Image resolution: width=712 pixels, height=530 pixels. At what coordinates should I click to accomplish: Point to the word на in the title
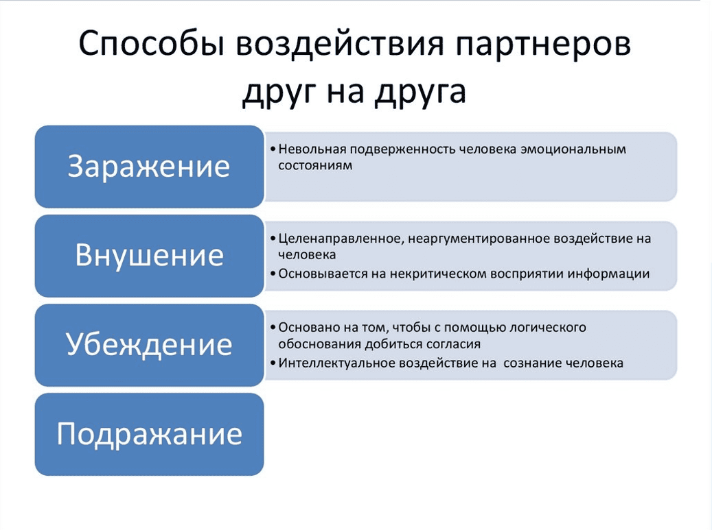pyautogui.click(x=345, y=91)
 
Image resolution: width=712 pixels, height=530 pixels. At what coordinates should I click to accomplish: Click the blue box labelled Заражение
pyautogui.click(x=150, y=167)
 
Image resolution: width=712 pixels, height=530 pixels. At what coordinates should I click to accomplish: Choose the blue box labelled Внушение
pyautogui.click(x=150, y=256)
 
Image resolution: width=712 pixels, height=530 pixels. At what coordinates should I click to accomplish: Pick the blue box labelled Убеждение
pyautogui.click(x=150, y=345)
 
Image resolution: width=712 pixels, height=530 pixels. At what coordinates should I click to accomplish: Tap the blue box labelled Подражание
pyautogui.click(x=150, y=434)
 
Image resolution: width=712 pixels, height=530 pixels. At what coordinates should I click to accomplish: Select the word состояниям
pyautogui.click(x=315, y=166)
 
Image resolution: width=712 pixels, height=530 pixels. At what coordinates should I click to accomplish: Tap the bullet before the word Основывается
pyautogui.click(x=273, y=274)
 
